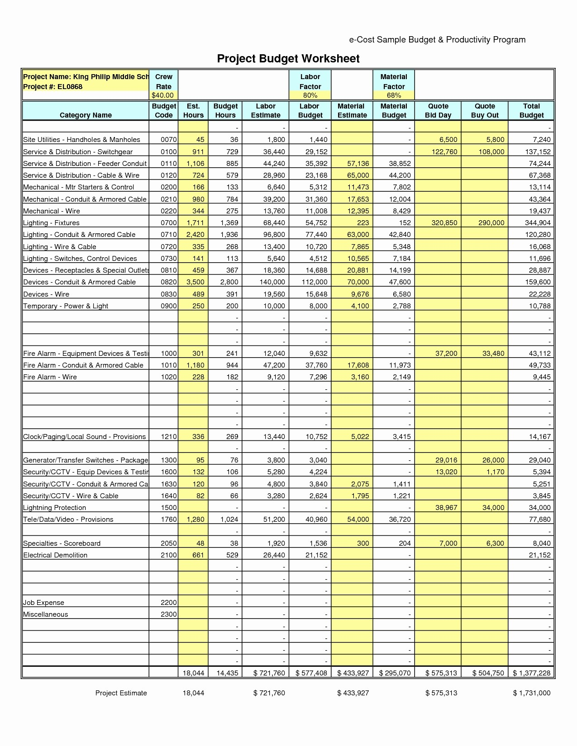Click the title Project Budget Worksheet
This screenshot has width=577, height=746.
(x=288, y=59)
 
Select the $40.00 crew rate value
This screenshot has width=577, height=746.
(x=163, y=95)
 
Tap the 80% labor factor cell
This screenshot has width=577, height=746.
(x=310, y=95)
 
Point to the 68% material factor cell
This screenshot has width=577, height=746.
(x=394, y=95)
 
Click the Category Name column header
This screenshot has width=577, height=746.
(x=86, y=115)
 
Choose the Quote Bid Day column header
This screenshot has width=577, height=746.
(x=438, y=111)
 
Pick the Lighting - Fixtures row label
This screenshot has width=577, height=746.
(x=51, y=223)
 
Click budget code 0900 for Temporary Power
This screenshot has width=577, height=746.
(x=168, y=306)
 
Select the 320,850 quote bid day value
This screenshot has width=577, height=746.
(x=444, y=223)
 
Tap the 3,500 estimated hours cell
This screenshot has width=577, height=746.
(x=195, y=282)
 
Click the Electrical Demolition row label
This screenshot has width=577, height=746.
(x=55, y=555)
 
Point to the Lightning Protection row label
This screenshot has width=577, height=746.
(x=54, y=508)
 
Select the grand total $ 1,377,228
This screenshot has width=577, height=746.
(x=532, y=673)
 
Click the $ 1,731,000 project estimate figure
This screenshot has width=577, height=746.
(x=532, y=693)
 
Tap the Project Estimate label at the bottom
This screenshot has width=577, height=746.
(x=121, y=693)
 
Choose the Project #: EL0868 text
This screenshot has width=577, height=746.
(x=53, y=87)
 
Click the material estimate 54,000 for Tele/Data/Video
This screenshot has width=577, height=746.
(x=358, y=519)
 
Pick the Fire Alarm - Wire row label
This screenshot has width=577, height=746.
(x=50, y=377)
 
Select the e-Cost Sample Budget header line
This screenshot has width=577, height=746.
(x=437, y=40)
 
